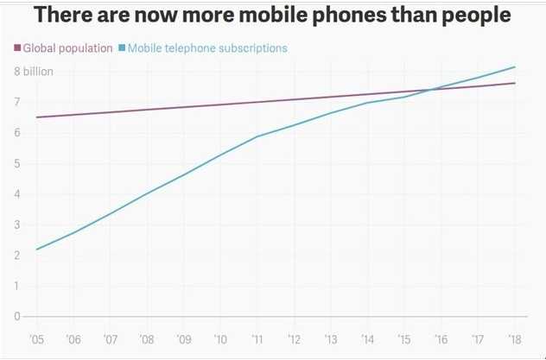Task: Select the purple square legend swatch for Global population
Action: click(x=17, y=48)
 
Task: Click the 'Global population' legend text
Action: click(x=68, y=48)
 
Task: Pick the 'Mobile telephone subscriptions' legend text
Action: click(x=207, y=48)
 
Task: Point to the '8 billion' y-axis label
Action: click(x=33, y=72)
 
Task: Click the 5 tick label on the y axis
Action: click(x=16, y=163)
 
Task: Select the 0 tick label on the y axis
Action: click(x=16, y=316)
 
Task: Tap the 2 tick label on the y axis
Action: click(x=16, y=256)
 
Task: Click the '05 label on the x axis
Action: click(x=36, y=339)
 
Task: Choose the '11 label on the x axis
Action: click(x=257, y=339)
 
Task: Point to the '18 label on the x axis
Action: click(x=516, y=339)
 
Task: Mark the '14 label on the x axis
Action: click(x=368, y=339)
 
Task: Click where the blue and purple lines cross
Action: click(x=429, y=89)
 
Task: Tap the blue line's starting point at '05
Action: click(x=36, y=249)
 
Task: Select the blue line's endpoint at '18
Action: click(x=516, y=66)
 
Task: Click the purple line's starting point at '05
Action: click(x=36, y=117)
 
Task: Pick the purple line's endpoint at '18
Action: click(x=516, y=83)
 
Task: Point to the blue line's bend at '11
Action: click(x=257, y=136)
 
